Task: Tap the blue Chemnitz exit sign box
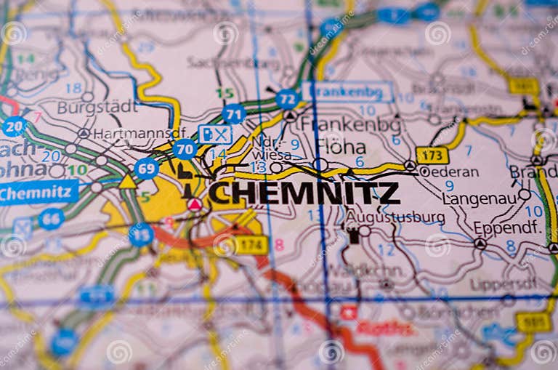(x=38, y=193)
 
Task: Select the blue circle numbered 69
(x=146, y=169)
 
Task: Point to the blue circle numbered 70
(x=185, y=150)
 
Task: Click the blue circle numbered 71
(x=233, y=114)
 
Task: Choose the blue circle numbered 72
(x=288, y=99)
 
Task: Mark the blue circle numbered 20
(x=14, y=126)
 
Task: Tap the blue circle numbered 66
(x=51, y=219)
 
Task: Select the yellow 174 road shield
(x=251, y=245)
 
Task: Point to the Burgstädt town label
(x=97, y=108)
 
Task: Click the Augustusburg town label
(x=395, y=217)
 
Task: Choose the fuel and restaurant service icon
(x=214, y=134)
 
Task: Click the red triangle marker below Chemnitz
(x=195, y=205)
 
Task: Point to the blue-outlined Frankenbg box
(x=348, y=92)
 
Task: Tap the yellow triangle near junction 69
(x=128, y=181)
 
